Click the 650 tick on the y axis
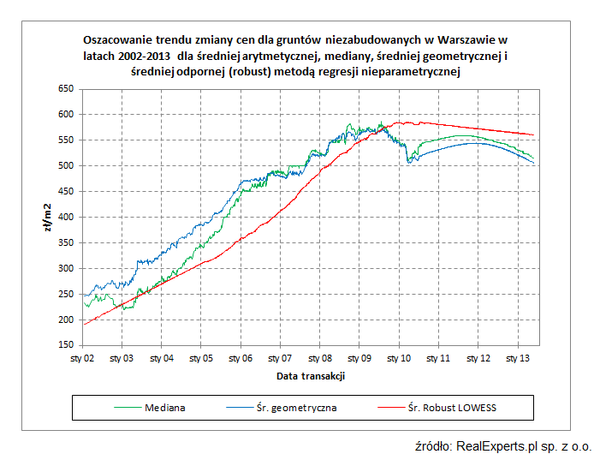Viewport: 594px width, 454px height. tap(65, 88)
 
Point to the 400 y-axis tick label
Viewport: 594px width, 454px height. tap(65, 218)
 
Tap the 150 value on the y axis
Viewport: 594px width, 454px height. tap(65, 346)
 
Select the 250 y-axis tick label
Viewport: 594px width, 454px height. tap(65, 295)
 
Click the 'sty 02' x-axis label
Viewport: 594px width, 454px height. tap(83, 359)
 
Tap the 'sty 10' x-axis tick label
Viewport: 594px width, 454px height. tap(399, 359)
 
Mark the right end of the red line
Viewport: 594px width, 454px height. tap(534, 135)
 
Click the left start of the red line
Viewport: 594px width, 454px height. tap(83, 325)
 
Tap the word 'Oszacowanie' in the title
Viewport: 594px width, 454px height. tap(116, 39)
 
